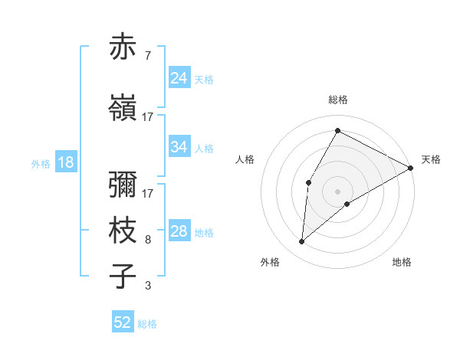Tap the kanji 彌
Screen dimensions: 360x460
point(123,188)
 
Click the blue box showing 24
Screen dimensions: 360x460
point(179,78)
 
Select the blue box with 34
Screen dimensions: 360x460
point(179,147)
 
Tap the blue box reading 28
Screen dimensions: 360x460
point(179,231)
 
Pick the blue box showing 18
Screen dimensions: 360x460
point(64,162)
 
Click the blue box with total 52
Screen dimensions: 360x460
point(123,322)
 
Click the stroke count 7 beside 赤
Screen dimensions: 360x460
point(148,56)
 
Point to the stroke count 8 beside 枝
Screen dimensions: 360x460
point(148,240)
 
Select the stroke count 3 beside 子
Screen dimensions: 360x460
point(148,286)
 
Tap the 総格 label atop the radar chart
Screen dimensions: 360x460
point(338,100)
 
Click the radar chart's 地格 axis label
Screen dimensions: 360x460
point(402,262)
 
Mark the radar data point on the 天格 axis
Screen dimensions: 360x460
point(411,169)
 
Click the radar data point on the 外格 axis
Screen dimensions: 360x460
point(301,242)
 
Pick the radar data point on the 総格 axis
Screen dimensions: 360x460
point(337,129)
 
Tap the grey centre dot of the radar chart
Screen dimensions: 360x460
point(337,191)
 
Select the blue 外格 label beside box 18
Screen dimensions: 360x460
point(40,163)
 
